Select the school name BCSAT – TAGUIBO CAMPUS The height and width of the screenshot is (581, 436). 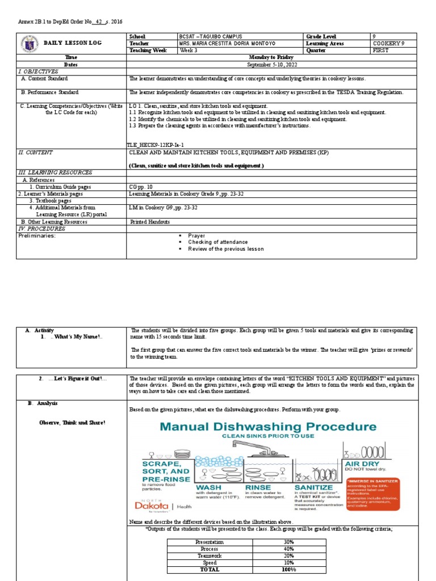tap(209, 36)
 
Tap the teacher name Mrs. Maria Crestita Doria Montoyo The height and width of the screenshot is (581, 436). tap(227, 43)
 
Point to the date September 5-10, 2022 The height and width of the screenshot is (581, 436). tap(272, 65)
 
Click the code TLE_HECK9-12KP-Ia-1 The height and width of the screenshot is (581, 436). tap(157, 145)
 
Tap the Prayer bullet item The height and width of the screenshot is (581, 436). tap(196, 235)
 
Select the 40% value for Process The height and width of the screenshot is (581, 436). tap(288, 549)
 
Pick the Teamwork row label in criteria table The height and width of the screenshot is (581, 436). tap(209, 555)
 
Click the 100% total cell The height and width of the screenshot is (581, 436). tap(288, 569)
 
